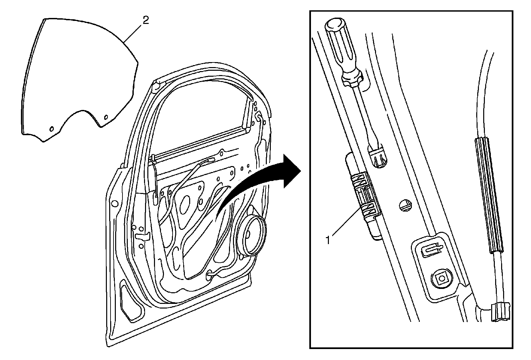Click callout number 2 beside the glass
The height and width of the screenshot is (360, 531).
tap(145, 20)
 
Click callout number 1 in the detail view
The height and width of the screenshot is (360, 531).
tap(328, 239)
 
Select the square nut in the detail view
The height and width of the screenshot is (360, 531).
tap(441, 279)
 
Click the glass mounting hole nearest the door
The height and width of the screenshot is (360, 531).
tap(106, 117)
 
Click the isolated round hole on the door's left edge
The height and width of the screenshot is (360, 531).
tap(115, 203)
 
